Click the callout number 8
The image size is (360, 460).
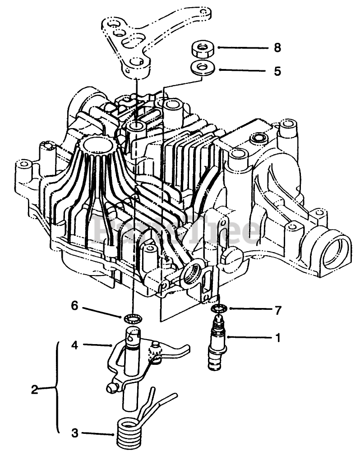point(277,48)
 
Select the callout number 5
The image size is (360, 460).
point(277,71)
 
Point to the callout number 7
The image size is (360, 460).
point(277,310)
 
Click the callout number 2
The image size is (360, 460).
point(34,389)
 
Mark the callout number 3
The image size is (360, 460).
point(74,433)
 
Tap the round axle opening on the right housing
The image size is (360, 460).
point(337,251)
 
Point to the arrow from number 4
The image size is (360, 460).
point(97,345)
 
